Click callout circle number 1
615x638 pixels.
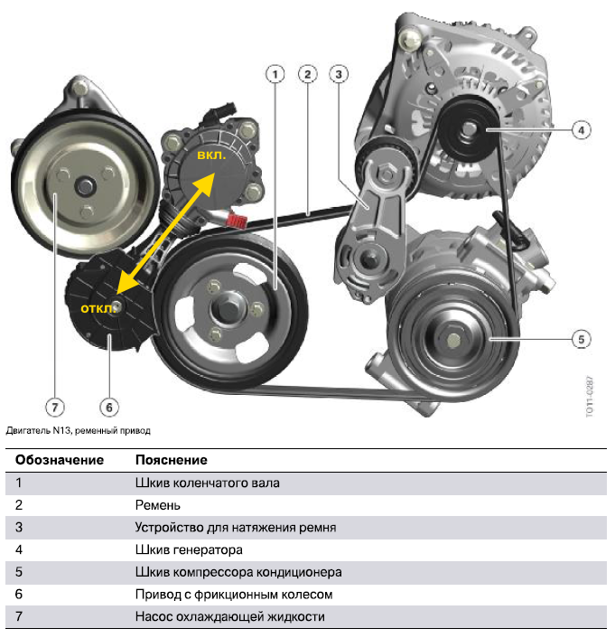point(275,74)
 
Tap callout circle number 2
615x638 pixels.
point(307,74)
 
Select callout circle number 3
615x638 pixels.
point(339,74)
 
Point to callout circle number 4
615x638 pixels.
point(582,130)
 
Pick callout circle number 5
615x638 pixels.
point(582,340)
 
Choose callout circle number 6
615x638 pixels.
point(109,408)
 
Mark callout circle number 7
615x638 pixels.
point(55,408)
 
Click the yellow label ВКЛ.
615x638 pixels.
point(211,155)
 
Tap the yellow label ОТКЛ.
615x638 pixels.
point(98,309)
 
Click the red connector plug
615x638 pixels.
point(237,220)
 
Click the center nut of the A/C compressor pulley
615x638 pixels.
point(453,340)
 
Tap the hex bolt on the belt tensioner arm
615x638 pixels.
point(386,174)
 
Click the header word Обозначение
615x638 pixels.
point(60,460)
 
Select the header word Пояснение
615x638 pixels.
point(172,460)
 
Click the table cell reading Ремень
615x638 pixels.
point(158,505)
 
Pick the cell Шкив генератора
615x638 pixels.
point(189,550)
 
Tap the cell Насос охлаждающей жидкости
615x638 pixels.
point(230,617)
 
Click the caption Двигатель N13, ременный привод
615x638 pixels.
point(78,430)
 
